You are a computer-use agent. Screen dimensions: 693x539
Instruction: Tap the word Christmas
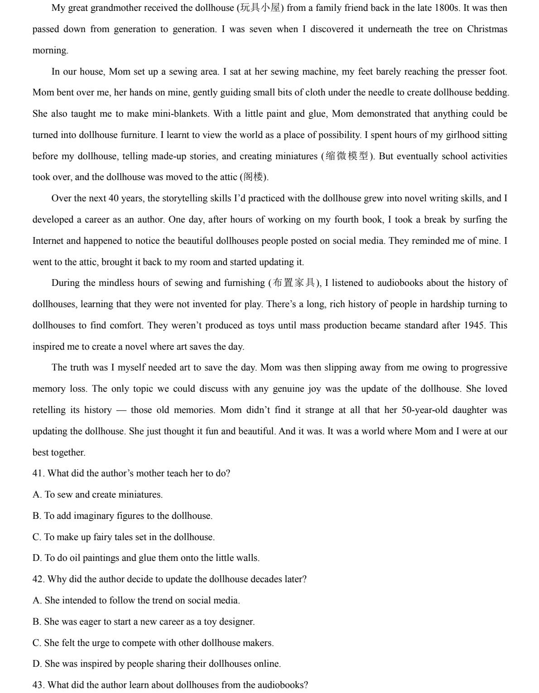tap(487, 29)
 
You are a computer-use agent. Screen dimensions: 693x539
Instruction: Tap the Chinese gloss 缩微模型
tap(347, 156)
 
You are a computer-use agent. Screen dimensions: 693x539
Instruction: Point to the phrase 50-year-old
tap(427, 410)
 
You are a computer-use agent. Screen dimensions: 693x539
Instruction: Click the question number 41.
tap(38, 474)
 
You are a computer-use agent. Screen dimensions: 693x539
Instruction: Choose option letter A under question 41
tap(37, 495)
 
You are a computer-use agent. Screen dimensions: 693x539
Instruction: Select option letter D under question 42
tap(37, 664)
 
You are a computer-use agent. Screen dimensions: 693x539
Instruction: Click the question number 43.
tap(38, 685)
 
